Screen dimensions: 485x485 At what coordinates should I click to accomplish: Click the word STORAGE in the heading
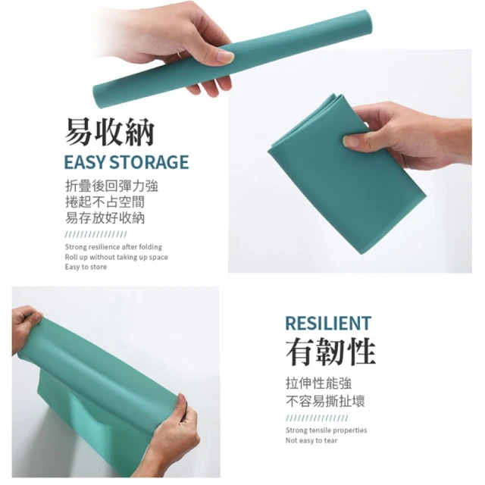pos(149,162)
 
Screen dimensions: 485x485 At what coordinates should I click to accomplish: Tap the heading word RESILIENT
pos(328,324)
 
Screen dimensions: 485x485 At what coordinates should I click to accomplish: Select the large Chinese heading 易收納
pos(109,132)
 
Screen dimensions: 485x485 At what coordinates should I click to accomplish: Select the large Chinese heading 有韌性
pos(330,351)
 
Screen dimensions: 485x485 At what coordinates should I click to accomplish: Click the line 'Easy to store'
pos(86,267)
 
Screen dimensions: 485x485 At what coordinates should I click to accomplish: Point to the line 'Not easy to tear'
pos(311,440)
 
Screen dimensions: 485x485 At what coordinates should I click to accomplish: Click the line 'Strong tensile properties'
pos(327,430)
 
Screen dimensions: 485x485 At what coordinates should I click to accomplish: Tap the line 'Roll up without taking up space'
pos(116,257)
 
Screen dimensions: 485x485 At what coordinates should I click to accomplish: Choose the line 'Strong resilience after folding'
pos(114,247)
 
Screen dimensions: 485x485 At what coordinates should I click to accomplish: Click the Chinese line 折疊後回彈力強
pos(111,186)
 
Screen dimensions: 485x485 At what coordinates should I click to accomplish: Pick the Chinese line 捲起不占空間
pos(105,202)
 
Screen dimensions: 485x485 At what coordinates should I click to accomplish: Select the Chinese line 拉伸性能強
pos(318,383)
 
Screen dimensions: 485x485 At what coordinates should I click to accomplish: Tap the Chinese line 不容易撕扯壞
pos(325,401)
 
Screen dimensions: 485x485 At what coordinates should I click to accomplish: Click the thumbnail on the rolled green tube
pos(225,57)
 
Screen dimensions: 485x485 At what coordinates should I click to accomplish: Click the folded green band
pos(346,174)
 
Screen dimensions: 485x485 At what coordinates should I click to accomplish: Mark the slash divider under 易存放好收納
pos(96,234)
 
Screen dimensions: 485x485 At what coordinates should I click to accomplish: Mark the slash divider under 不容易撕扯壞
pos(317,418)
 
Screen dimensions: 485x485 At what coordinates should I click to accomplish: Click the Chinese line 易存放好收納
pos(105,218)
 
